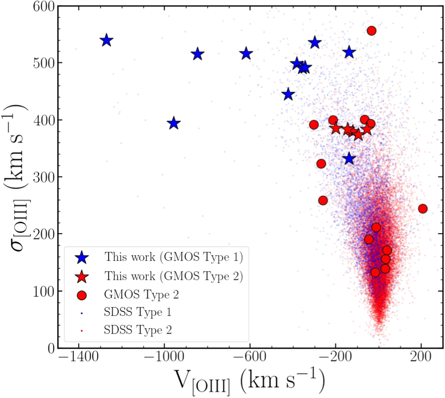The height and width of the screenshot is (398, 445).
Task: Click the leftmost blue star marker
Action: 106,41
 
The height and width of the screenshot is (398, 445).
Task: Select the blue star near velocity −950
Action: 174,123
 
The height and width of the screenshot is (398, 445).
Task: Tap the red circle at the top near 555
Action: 372,31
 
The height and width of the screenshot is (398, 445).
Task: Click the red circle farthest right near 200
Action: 422,208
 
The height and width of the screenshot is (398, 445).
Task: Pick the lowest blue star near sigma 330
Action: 349,159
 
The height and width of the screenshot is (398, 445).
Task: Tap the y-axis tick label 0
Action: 50,348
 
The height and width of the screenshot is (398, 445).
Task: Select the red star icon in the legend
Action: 82,277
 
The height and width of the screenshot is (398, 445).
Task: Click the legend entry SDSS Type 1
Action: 138,312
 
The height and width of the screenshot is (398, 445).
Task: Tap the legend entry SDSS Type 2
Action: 138,330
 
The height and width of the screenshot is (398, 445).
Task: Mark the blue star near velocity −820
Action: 198,54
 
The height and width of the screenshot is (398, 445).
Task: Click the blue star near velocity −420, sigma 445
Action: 288,94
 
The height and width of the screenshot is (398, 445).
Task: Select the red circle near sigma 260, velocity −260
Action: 323,200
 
